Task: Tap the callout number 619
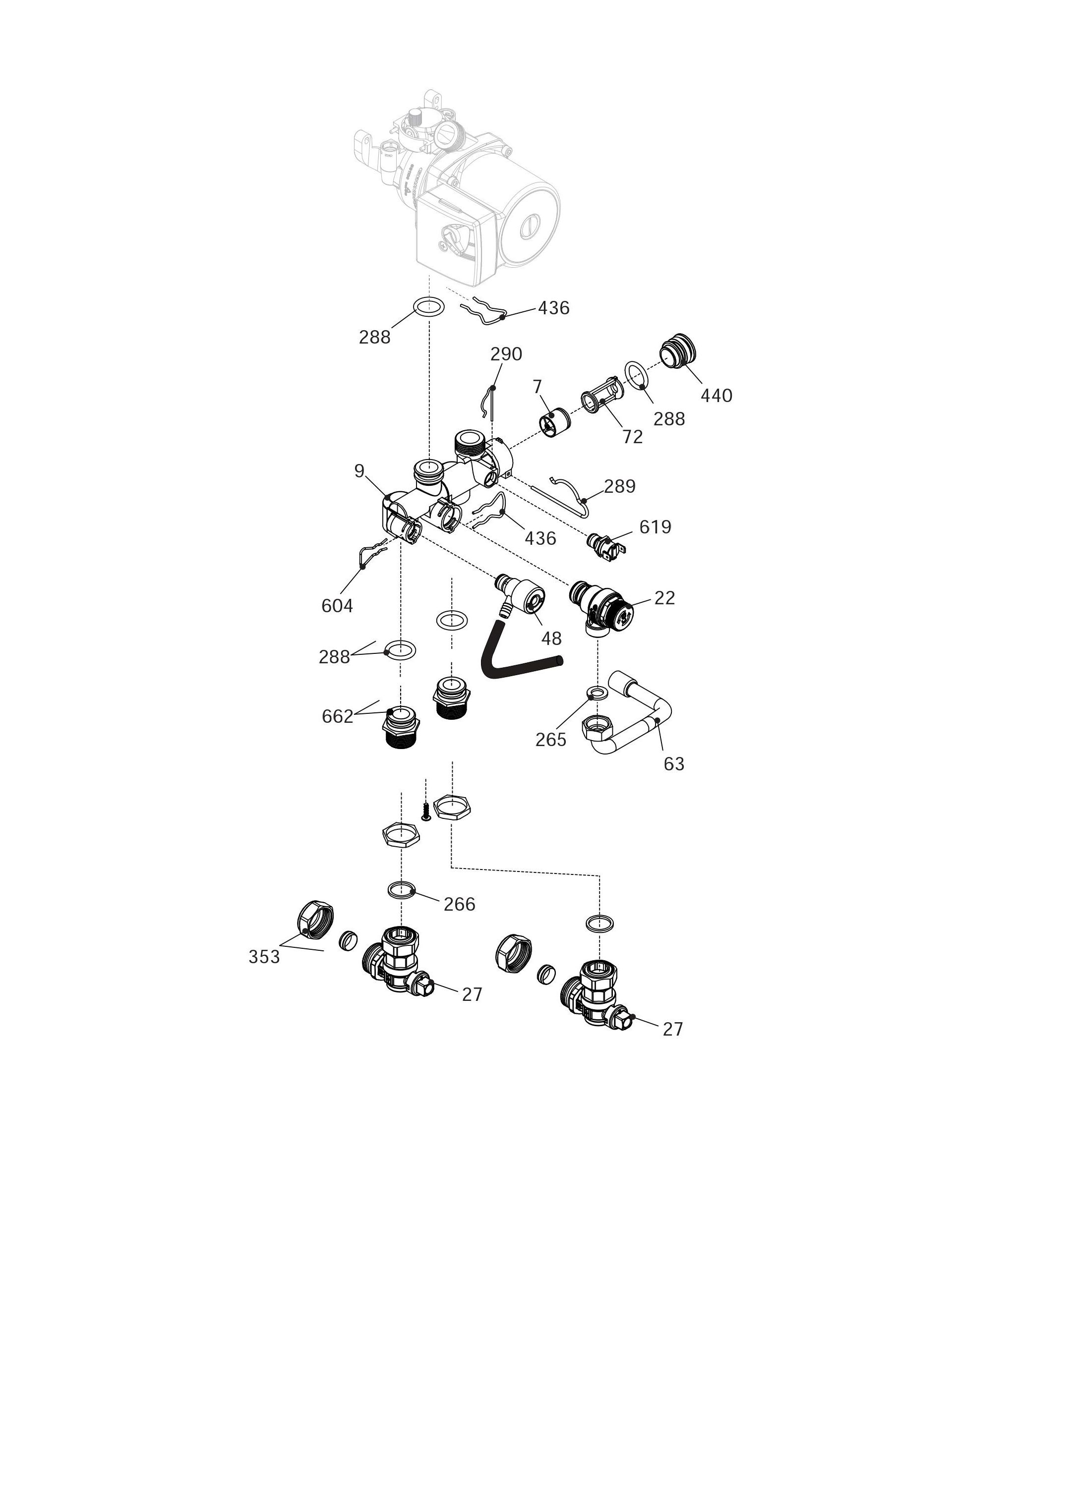[x=656, y=527]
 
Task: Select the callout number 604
[x=337, y=606]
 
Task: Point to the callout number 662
[x=338, y=716]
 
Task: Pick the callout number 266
[x=459, y=904]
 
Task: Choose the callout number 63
[x=674, y=764]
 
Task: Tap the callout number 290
[x=506, y=354]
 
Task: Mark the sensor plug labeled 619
[x=607, y=544]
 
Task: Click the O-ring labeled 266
[x=402, y=890]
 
